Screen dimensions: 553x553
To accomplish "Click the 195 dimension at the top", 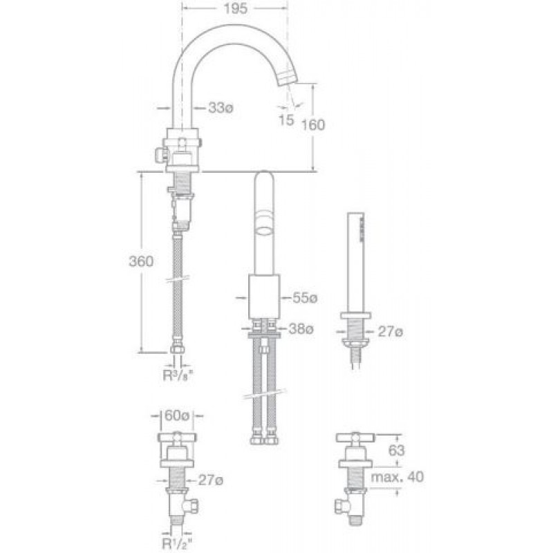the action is point(235,9).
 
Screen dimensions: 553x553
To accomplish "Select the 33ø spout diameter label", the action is point(221,108).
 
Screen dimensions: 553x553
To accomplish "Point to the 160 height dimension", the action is point(313,125).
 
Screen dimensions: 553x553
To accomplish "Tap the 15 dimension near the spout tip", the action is point(286,120).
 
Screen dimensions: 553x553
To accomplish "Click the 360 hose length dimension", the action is point(141,261).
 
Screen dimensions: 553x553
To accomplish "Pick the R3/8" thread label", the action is point(178,375).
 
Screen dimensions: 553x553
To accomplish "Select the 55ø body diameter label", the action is point(305,298).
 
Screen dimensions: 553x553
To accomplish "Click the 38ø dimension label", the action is point(301,329).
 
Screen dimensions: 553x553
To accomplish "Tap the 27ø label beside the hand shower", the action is point(390,332).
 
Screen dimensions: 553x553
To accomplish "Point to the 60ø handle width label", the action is point(177,415).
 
